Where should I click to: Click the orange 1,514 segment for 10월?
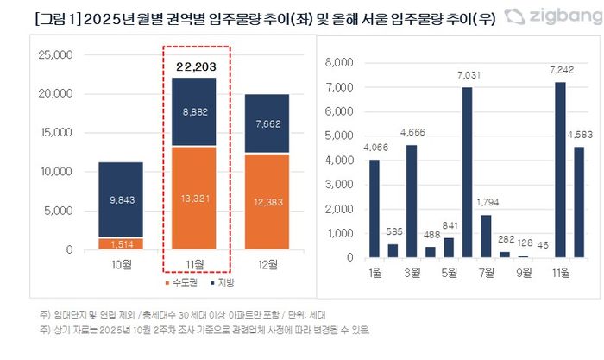120,243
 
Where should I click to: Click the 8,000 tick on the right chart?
338,63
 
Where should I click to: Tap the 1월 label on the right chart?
374,273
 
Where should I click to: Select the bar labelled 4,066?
374,208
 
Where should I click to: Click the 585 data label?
393,231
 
